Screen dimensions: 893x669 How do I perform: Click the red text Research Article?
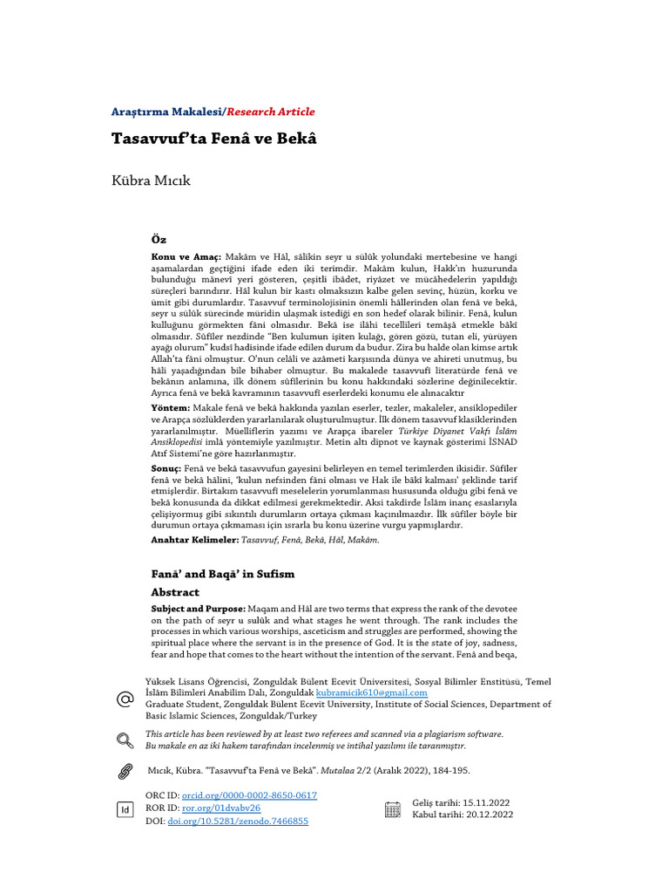point(271,112)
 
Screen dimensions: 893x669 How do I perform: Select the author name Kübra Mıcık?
point(151,181)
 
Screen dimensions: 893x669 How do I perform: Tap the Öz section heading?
point(159,239)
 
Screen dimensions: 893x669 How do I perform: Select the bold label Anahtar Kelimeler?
point(194,540)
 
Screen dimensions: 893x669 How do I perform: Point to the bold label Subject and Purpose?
point(199,608)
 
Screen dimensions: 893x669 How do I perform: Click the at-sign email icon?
point(125,699)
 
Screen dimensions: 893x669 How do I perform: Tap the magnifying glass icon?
point(125,740)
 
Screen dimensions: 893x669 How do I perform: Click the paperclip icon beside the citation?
point(125,771)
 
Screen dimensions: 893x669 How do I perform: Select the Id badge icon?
point(125,809)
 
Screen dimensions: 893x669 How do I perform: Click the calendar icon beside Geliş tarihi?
point(393,808)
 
